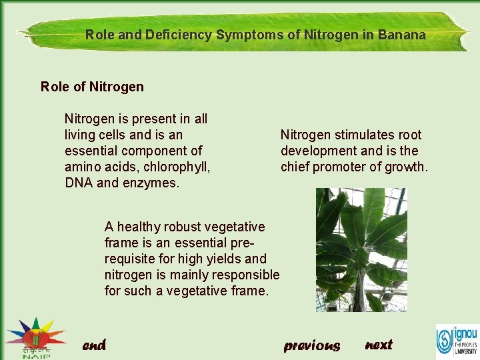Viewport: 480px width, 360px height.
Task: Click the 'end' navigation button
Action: tap(94, 345)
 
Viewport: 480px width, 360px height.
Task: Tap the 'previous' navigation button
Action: tap(311, 345)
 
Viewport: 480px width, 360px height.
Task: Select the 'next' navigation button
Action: tap(379, 345)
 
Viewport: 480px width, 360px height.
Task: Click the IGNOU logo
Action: tap(457, 340)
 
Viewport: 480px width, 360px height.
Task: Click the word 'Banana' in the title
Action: tap(402, 35)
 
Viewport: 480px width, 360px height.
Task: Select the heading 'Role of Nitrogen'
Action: tap(92, 87)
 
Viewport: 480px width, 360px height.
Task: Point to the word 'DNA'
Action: tap(79, 183)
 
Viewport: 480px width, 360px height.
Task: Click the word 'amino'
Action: tap(82, 167)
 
